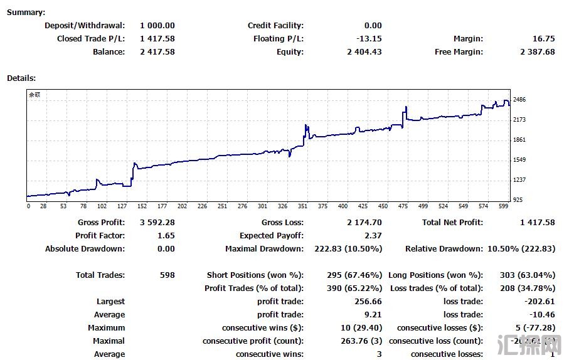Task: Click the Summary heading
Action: (x=26, y=13)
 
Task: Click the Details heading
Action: (x=21, y=78)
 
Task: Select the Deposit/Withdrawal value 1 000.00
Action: (x=157, y=26)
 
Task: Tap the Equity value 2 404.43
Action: (x=364, y=52)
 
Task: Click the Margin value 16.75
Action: (x=543, y=39)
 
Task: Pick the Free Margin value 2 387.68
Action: (x=538, y=52)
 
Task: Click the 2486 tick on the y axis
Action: (x=519, y=100)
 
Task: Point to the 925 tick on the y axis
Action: (x=518, y=200)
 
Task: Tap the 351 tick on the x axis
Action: (x=302, y=206)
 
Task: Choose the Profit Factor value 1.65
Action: (x=166, y=236)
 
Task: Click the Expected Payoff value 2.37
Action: (x=373, y=236)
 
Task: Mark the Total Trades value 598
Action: (x=167, y=275)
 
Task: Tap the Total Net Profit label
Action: (x=452, y=223)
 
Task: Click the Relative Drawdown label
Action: (x=444, y=249)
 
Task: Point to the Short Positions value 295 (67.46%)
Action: (x=354, y=275)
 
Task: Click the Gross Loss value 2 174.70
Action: (x=364, y=223)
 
